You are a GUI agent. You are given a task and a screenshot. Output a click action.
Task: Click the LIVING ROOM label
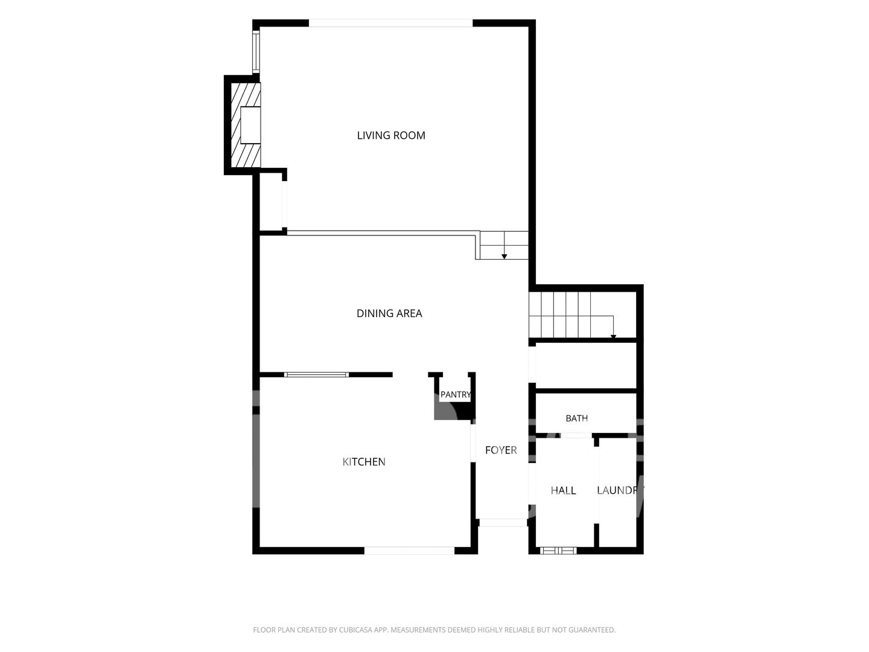pyautogui.click(x=391, y=135)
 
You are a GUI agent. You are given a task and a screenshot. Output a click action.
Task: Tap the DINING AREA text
pyautogui.click(x=389, y=313)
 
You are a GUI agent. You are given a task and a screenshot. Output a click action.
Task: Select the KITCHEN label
pyautogui.click(x=364, y=462)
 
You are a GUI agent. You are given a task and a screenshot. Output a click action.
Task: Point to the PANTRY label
pyautogui.click(x=456, y=395)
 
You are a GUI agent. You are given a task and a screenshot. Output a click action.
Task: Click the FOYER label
pyautogui.click(x=501, y=450)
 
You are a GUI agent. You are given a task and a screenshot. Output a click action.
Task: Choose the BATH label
pyautogui.click(x=576, y=418)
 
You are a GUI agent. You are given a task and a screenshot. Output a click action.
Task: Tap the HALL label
pyautogui.click(x=563, y=490)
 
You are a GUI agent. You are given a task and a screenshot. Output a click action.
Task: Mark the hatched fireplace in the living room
pyautogui.click(x=246, y=125)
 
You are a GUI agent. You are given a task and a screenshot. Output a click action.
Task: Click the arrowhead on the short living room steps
pyautogui.click(x=504, y=257)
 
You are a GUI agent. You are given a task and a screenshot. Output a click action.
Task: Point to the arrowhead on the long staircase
pyautogui.click(x=613, y=337)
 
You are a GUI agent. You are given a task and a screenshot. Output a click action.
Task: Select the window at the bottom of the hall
pyautogui.click(x=558, y=551)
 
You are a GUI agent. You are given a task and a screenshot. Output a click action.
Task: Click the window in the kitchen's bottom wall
pyautogui.click(x=409, y=551)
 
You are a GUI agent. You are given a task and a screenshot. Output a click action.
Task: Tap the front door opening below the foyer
pyautogui.click(x=503, y=523)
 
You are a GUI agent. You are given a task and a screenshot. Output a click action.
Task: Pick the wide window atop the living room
pyautogui.click(x=391, y=23)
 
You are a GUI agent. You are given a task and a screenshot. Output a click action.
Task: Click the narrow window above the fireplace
pyautogui.click(x=256, y=51)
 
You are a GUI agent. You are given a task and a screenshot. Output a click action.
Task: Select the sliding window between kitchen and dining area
pyautogui.click(x=316, y=374)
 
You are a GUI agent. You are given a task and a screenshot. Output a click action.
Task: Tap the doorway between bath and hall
pyautogui.click(x=576, y=435)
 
